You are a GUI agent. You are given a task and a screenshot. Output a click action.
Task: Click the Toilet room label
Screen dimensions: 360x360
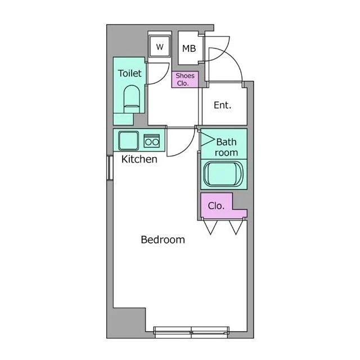[130, 73]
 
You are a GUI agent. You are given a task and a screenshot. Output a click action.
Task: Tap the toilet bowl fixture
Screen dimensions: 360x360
[132, 99]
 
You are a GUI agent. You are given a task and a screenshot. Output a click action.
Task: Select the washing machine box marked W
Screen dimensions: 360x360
[160, 46]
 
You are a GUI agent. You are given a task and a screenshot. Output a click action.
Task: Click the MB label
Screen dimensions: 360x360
[189, 48]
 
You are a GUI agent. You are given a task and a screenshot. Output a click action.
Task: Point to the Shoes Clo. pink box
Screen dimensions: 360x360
[185, 79]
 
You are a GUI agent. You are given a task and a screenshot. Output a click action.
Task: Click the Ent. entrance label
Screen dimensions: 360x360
[222, 105]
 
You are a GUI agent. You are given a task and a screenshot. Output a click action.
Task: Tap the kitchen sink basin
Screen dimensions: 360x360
[128, 141]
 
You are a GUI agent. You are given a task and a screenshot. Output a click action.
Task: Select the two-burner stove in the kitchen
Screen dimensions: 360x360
[151, 141]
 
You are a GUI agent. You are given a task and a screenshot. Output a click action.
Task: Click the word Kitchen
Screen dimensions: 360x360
[139, 159]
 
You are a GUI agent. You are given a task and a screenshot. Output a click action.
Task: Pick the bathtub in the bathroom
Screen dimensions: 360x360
[223, 174]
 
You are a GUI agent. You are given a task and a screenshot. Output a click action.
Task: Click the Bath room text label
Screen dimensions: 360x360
[226, 147]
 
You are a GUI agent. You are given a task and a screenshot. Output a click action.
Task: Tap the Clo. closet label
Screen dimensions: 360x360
[216, 206]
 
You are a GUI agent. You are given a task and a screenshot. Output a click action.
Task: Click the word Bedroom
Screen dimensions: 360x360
[163, 240]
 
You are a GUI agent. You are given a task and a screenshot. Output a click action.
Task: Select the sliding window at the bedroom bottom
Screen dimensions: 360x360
[191, 332]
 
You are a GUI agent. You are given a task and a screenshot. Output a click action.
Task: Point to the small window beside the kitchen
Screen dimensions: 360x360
[110, 168]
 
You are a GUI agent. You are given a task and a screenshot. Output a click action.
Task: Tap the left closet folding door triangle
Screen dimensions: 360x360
[210, 227]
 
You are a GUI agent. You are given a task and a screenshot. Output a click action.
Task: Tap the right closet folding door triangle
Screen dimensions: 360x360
[236, 227]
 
